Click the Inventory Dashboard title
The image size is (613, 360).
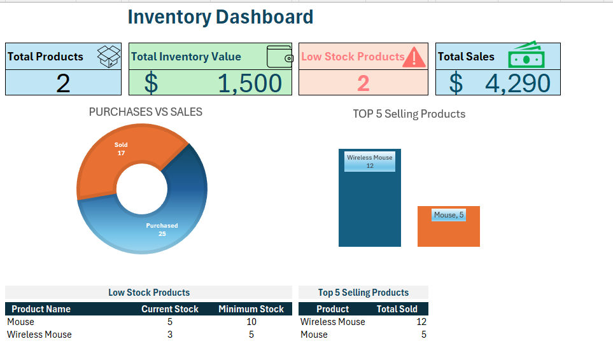220,17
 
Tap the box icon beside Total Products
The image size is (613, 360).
109,56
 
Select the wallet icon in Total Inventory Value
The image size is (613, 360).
279,57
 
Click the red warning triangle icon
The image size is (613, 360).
414,57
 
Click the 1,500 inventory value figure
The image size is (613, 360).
250,83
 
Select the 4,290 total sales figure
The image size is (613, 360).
518,83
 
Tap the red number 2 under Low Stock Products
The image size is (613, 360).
363,83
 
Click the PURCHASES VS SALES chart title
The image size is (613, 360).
145,112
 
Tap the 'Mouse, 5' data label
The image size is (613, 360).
449,215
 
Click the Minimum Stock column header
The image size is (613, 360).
251,309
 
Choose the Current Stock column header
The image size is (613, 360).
170,309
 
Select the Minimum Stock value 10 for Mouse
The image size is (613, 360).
251,322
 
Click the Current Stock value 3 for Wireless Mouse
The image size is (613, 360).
170,335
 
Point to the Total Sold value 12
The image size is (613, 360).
421,322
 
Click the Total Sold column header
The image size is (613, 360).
397,309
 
